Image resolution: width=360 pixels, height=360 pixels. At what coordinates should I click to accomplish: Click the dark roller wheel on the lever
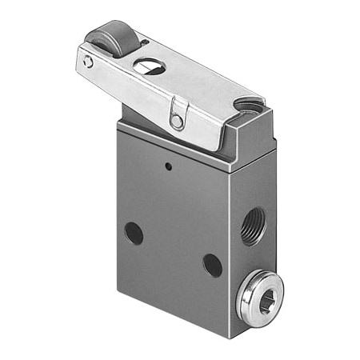click(x=109, y=38)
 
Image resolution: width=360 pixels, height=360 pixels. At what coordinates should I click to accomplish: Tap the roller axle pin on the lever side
click(x=88, y=62)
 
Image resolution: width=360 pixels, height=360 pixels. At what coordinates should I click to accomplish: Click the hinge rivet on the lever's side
click(x=177, y=122)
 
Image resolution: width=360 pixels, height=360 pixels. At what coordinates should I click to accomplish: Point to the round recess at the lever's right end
click(x=250, y=105)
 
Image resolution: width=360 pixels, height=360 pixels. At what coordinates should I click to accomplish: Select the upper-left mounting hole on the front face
click(x=134, y=233)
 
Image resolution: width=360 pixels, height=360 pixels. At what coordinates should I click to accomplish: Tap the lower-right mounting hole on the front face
click(x=212, y=264)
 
